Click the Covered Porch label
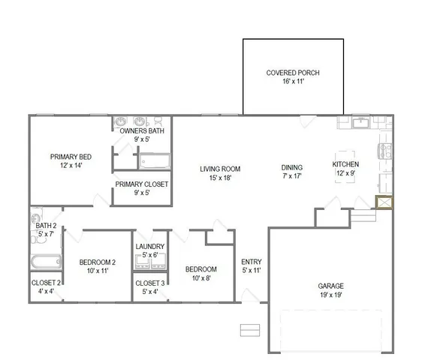click(293, 73)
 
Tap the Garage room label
click(330, 286)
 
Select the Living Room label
click(219, 169)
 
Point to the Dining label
click(291, 168)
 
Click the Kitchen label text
click(345, 164)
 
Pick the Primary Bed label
click(71, 157)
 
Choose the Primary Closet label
click(141, 184)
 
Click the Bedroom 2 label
click(98, 262)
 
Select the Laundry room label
click(149, 246)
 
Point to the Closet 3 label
click(149, 283)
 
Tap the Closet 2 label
click(46, 283)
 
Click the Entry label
click(251, 262)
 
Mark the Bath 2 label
click(46, 225)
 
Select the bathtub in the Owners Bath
click(155, 161)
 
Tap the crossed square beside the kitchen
click(383, 203)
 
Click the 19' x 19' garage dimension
click(330, 295)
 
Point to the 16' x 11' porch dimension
click(293, 82)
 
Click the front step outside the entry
click(249, 329)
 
